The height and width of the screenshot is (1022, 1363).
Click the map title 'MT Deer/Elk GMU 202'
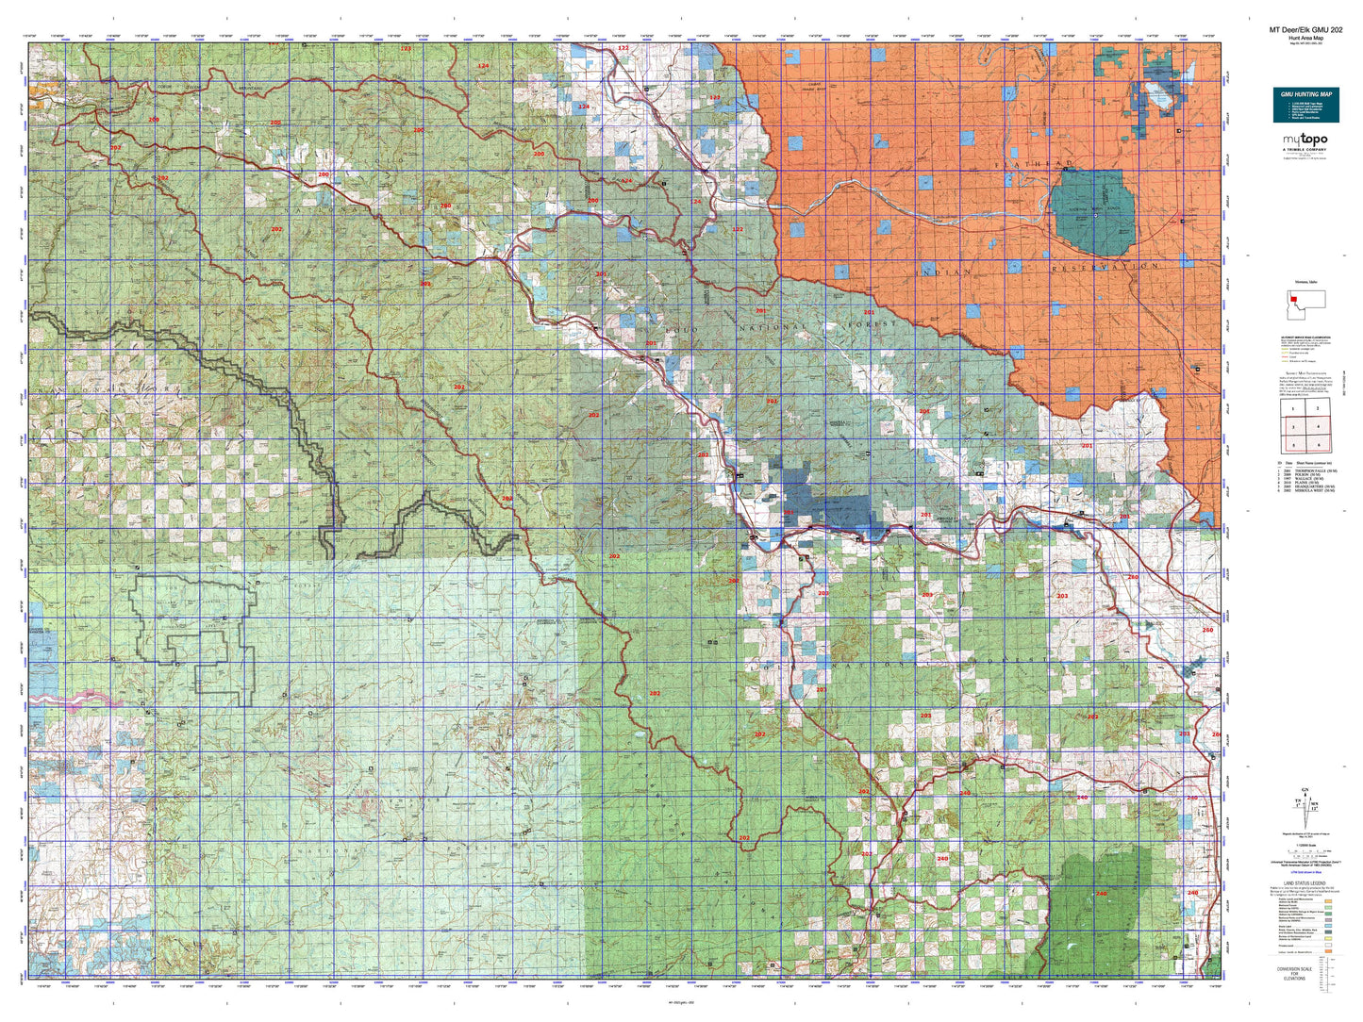(1305, 30)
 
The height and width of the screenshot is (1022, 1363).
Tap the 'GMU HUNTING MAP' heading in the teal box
(1306, 94)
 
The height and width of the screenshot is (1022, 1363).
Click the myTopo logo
(1305, 140)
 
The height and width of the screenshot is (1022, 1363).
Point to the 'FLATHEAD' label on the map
(1049, 164)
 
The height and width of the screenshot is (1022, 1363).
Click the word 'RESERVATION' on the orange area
(1105, 268)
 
